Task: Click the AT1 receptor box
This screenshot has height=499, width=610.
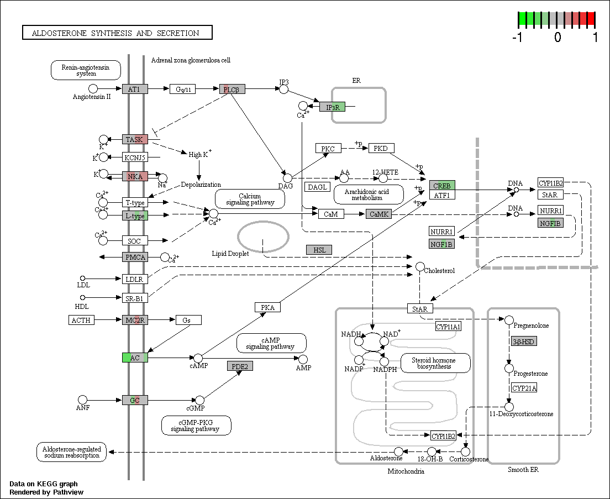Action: (x=135, y=89)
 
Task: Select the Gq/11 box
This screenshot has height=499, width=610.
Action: (x=183, y=89)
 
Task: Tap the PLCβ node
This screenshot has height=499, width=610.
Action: (x=232, y=89)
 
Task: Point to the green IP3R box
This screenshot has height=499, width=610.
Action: (x=332, y=107)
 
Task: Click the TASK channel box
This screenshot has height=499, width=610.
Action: (x=135, y=139)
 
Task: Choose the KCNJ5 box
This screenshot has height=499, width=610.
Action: (x=135, y=157)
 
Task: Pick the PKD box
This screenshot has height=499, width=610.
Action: (x=381, y=148)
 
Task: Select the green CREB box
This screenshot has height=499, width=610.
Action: (x=442, y=186)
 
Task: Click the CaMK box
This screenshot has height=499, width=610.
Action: (x=378, y=214)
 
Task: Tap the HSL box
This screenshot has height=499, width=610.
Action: (x=319, y=250)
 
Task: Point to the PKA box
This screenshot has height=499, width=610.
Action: (x=267, y=307)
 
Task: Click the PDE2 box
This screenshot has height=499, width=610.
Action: (x=240, y=366)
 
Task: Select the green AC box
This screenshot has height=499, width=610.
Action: (x=135, y=358)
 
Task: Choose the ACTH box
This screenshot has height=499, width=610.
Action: (x=81, y=320)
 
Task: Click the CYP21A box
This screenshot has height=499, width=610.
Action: (x=524, y=388)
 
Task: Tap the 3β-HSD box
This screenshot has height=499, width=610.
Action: (x=524, y=342)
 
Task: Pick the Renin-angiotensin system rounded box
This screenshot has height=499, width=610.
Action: (x=86, y=70)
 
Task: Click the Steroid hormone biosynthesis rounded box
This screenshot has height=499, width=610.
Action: (x=436, y=363)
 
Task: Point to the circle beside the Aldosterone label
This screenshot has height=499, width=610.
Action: (x=398, y=451)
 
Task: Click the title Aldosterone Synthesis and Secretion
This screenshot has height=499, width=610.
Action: (x=116, y=34)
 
